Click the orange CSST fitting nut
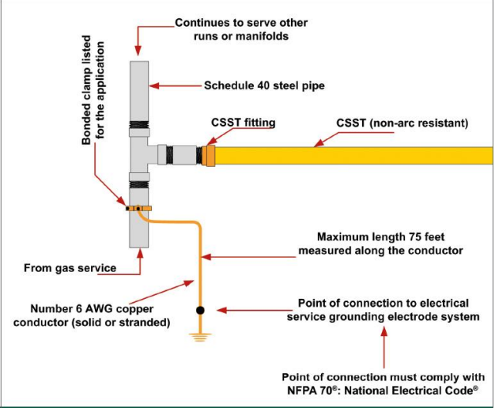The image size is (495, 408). [x=210, y=153]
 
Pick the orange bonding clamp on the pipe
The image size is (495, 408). [x=138, y=209]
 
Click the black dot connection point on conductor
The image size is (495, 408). [x=201, y=310]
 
